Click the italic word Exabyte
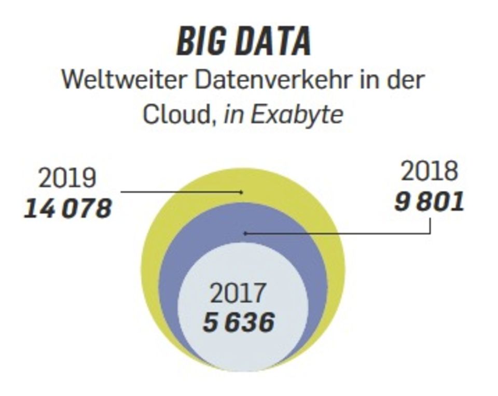tap(297, 115)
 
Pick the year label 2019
tap(67, 178)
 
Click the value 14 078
tap(68, 208)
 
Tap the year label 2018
tap(430, 172)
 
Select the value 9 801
tap(429, 202)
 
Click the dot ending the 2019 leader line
tap(241, 192)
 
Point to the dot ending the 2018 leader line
tap(245, 234)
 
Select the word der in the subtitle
tap(407, 81)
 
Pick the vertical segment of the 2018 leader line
tap(430, 226)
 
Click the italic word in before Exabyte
tap(234, 115)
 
